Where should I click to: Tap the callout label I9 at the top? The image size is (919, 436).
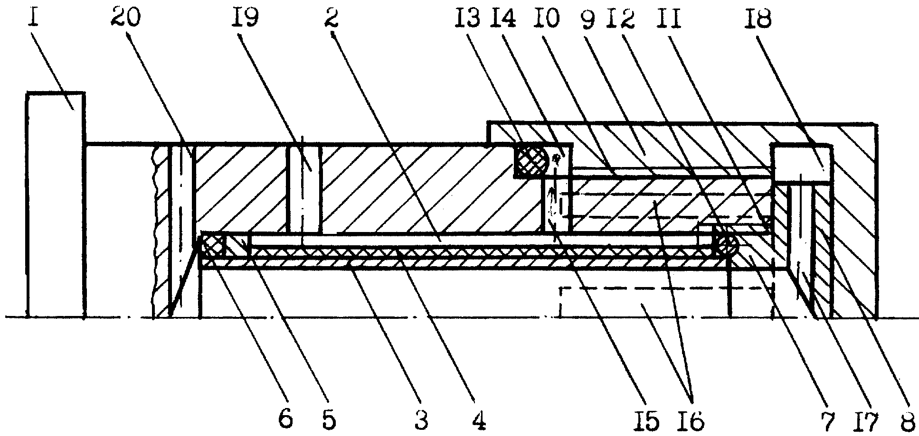[x=245, y=19]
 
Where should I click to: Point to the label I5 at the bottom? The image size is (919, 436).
[x=648, y=420]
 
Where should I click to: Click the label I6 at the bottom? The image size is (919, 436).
[x=692, y=420]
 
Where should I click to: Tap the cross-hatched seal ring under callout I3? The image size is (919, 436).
[x=531, y=161]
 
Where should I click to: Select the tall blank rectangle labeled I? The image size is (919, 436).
[x=56, y=204]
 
